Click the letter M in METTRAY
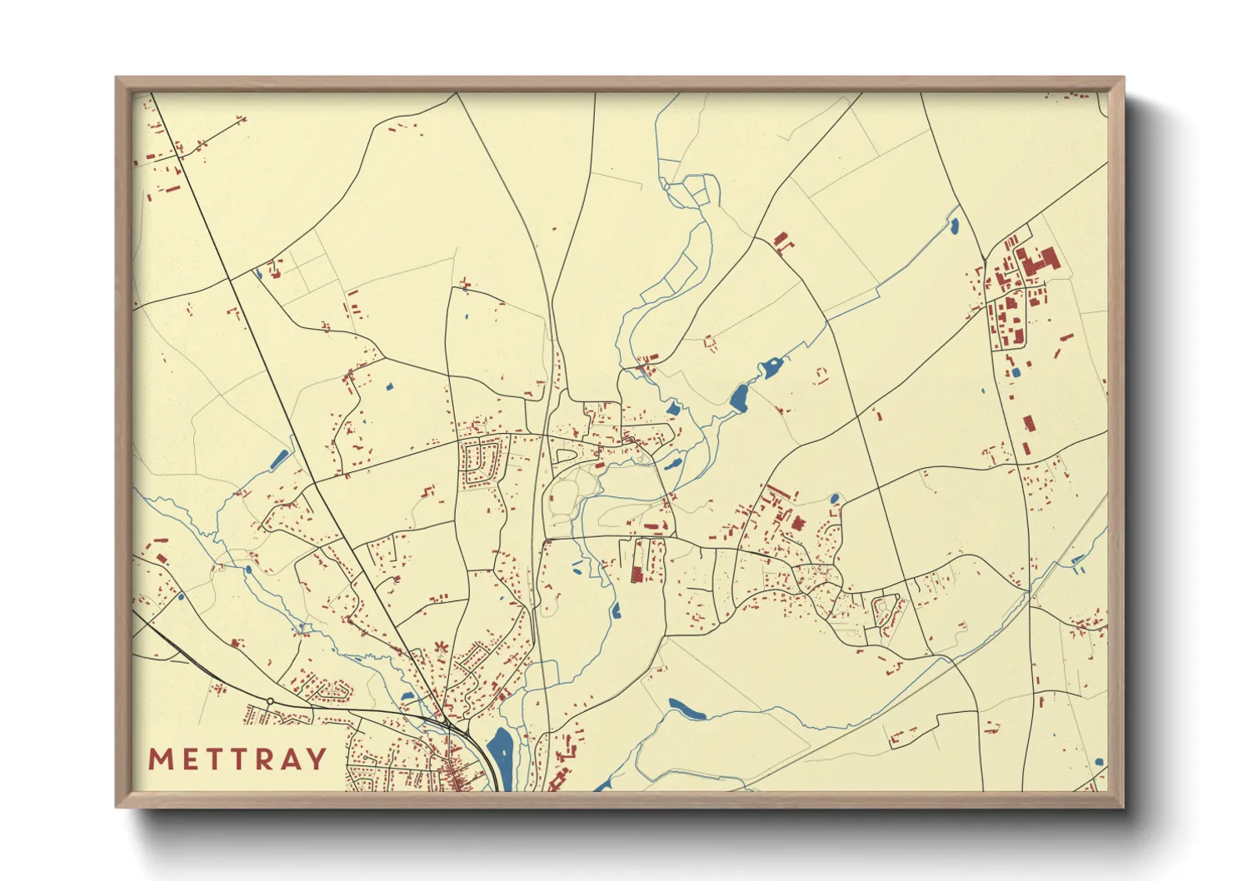pos(160,759)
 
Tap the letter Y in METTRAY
pos(316,759)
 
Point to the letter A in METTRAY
pos(289,759)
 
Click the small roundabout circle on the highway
pos(270,701)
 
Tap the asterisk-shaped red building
pos(440,647)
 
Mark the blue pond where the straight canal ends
pos(954,224)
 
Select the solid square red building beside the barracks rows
pos(798,524)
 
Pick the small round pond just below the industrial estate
pos(1016,372)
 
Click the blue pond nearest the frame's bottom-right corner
pos(1099,761)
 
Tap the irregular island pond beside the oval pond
pos(772,366)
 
